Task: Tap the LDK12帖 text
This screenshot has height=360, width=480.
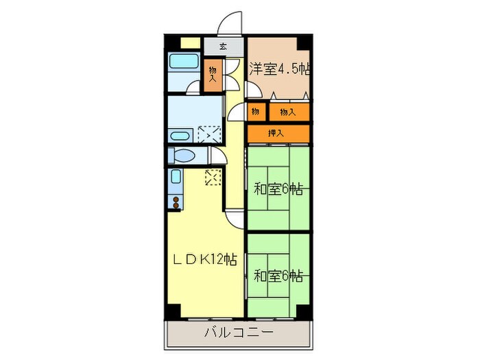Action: [x=204, y=260]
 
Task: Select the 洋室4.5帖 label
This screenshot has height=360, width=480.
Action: [x=279, y=69]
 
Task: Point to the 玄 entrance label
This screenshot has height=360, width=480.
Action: [x=224, y=47]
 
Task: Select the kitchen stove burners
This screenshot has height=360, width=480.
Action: [x=176, y=202]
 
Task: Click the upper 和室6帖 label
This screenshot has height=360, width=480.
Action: [x=278, y=189]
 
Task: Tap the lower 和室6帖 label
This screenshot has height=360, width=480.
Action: [x=278, y=276]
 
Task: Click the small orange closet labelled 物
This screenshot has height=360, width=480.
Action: [x=255, y=111]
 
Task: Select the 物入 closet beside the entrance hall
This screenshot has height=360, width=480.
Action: [x=214, y=75]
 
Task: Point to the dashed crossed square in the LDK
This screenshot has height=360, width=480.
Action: [x=213, y=178]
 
